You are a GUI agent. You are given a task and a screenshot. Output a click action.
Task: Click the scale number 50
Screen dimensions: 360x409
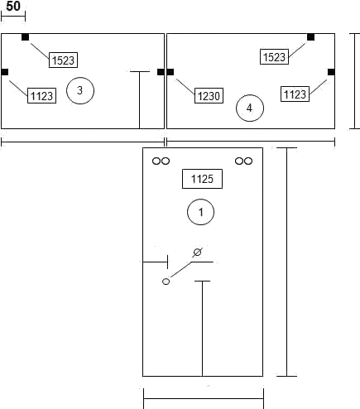[x=13, y=7]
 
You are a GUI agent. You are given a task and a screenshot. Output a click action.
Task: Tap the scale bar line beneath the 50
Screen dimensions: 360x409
[x=13, y=17]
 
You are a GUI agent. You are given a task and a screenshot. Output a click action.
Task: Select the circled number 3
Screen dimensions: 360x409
[x=80, y=90]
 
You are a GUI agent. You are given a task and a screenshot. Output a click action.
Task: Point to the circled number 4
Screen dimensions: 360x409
[x=250, y=108]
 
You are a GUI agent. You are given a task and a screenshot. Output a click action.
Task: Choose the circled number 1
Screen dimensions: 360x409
[x=200, y=212]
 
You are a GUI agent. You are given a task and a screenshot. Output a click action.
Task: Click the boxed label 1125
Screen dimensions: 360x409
[x=202, y=179]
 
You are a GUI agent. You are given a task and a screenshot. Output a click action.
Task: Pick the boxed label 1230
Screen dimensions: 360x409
[x=209, y=96]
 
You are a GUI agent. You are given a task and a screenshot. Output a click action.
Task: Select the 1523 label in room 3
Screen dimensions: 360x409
[x=63, y=60]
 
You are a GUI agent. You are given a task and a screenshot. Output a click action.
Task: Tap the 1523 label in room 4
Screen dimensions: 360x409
[x=274, y=56]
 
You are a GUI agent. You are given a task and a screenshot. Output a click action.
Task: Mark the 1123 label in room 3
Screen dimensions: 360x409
[x=41, y=96]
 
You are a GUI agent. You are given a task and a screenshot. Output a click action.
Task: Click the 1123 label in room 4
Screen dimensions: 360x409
[x=295, y=94]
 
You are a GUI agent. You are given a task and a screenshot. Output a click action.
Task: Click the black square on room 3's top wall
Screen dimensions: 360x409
[x=25, y=37]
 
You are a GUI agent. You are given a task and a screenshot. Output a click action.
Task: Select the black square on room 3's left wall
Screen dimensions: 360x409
[x=5, y=72]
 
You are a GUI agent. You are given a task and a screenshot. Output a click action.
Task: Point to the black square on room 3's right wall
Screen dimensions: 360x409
[x=161, y=72]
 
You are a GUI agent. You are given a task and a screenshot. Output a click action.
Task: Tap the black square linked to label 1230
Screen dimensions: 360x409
[x=170, y=72]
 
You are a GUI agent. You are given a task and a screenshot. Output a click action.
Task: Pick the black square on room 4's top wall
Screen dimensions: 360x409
[x=310, y=37]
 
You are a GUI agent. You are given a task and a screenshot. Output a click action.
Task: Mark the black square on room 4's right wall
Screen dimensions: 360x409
[x=331, y=72]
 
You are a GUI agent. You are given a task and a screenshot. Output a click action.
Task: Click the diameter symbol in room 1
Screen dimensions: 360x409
[x=197, y=253]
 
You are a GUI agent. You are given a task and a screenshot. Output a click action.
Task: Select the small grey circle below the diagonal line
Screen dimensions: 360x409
[x=166, y=281]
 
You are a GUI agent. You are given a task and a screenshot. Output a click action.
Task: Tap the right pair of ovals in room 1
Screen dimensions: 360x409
[x=243, y=161]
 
